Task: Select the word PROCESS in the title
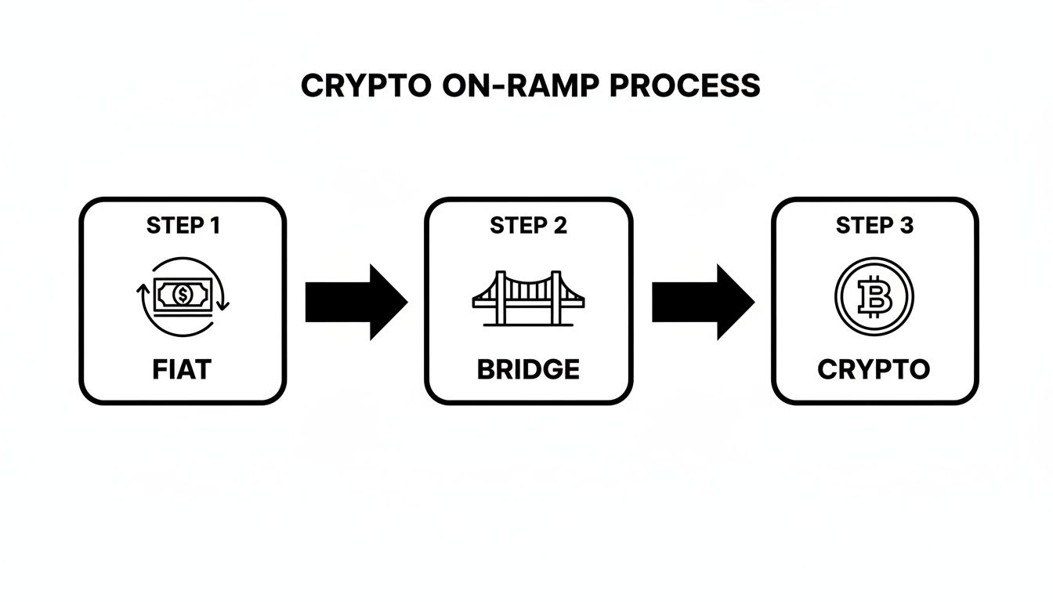[x=684, y=85]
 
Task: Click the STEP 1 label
[x=183, y=226]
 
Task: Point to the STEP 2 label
[x=528, y=226]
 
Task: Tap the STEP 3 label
[x=874, y=226]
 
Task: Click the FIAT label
[x=183, y=369]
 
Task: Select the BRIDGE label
[x=528, y=369]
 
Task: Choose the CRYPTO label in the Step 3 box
[x=874, y=369]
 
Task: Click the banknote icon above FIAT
[x=183, y=296]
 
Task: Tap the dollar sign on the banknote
[x=183, y=295]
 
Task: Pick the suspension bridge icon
[x=528, y=298]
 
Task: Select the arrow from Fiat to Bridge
[x=355, y=302]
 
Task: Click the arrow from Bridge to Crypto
[x=702, y=302]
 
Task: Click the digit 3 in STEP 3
[x=906, y=226]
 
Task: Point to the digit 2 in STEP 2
[x=559, y=226]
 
